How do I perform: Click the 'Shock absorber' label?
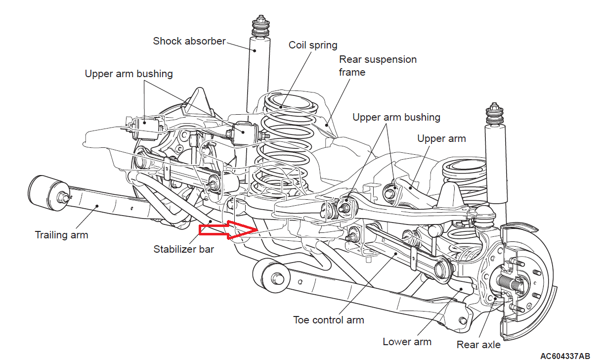point(189,41)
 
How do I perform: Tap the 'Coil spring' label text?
point(313,45)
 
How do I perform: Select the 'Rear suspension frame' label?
point(378,66)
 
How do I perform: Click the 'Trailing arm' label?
point(61,234)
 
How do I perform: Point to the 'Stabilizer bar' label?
point(184,249)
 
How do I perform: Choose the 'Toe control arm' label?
point(328,320)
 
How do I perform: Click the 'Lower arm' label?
point(407,342)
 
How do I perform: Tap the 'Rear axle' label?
point(478,345)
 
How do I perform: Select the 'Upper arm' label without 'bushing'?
point(441,139)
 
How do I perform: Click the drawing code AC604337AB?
point(564,356)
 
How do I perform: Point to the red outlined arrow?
point(228,230)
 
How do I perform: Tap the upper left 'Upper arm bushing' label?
point(129,74)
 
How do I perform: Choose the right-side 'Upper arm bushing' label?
point(396,118)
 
